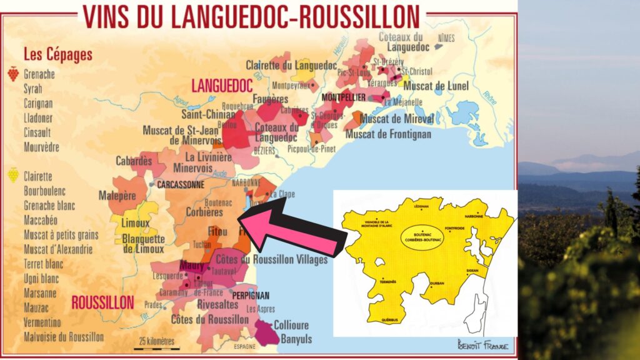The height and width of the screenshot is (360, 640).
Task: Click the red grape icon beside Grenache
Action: [x=12, y=74]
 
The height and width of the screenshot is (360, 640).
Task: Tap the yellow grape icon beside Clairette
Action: [x=12, y=175]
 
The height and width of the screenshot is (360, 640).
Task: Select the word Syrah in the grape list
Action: [x=34, y=89]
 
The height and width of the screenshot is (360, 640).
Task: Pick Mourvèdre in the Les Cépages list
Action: [x=41, y=147]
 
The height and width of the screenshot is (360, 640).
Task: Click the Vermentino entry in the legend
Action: [x=42, y=322]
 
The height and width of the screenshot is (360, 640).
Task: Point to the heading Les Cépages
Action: [x=57, y=54]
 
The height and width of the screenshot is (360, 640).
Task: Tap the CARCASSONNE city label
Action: [x=181, y=185]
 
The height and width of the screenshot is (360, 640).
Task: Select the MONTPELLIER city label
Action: [x=343, y=98]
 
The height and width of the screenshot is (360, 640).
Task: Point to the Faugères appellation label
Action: [x=271, y=99]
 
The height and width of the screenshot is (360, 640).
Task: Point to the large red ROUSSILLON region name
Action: [x=102, y=303]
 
